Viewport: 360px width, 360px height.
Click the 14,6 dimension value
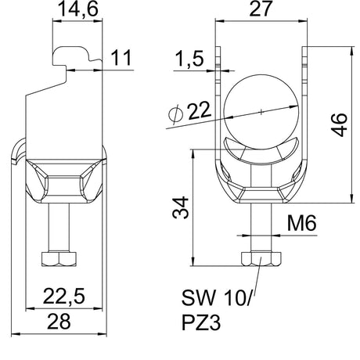coord(77,9)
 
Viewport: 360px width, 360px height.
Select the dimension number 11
coord(121,58)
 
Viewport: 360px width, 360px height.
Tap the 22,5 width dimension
coord(64,297)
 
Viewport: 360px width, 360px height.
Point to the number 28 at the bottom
coord(59,322)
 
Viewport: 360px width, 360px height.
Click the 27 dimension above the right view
coord(261,9)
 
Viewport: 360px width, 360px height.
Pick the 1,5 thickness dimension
coord(189,59)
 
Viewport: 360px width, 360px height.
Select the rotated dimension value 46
coord(340,124)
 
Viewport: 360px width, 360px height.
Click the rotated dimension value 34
coord(181,207)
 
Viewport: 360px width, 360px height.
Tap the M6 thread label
coord(302,223)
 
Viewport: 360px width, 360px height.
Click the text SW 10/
coord(216,297)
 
